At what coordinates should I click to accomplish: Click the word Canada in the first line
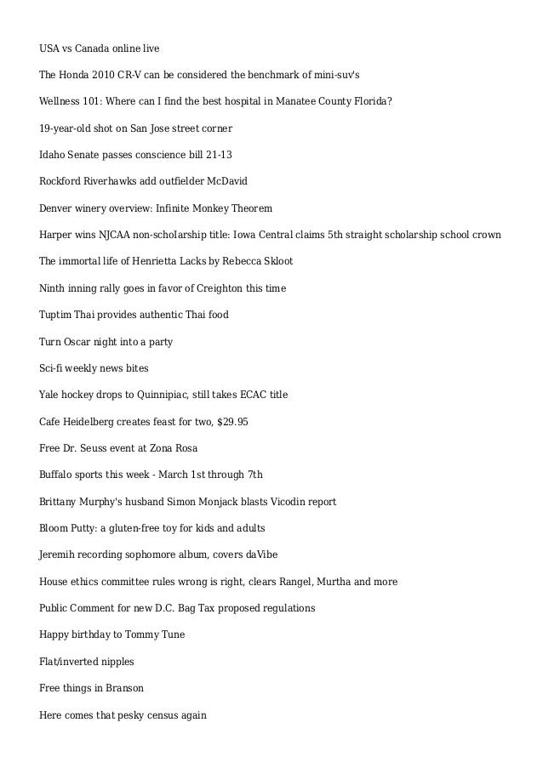point(94,47)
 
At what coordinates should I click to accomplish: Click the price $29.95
point(232,421)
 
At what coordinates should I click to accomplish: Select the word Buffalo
point(57,475)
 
